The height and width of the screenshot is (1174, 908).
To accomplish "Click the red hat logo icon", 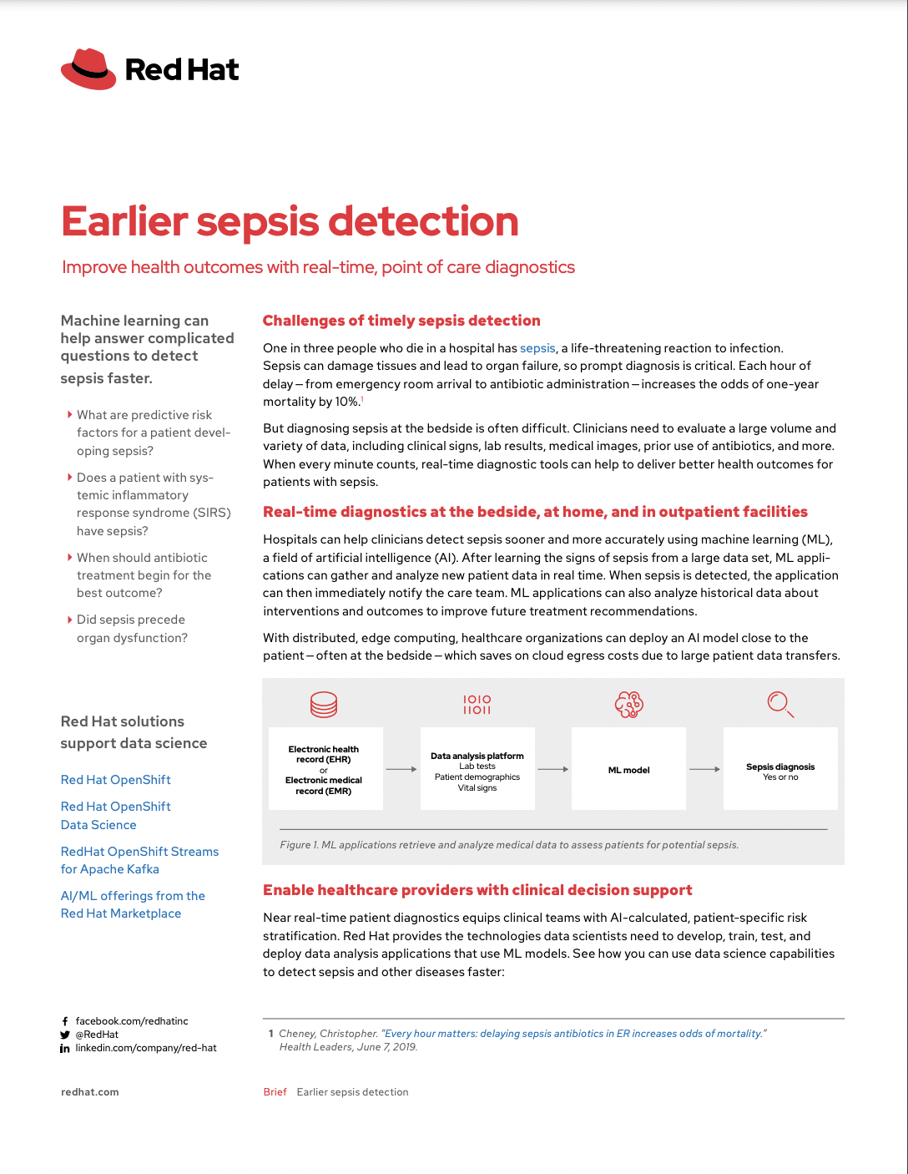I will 88,69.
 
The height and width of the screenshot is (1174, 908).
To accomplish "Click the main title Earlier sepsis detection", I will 290,221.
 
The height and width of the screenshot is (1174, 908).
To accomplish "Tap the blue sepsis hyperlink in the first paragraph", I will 537,348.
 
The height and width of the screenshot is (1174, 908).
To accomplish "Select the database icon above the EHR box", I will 324,705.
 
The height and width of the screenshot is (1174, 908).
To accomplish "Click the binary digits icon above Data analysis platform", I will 477,705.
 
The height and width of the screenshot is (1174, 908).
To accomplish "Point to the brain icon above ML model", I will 628,705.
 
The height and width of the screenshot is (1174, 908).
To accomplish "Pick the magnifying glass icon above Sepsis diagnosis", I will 780,704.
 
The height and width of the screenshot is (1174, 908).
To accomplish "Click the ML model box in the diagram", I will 628,769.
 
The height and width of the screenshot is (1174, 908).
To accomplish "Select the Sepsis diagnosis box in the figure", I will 780,769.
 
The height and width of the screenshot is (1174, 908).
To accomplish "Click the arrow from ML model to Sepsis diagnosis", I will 704,769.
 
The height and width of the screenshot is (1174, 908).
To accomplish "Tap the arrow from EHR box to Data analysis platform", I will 401,769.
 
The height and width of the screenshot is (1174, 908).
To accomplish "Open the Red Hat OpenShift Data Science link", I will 115,816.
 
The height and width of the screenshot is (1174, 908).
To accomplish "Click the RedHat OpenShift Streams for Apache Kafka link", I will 139,860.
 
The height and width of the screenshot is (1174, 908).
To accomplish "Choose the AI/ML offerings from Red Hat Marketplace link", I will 133,904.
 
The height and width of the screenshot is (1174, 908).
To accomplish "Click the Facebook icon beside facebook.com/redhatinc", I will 65,1021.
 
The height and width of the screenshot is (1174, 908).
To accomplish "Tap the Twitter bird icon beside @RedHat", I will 65,1035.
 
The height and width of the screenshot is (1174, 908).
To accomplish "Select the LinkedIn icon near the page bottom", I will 65,1049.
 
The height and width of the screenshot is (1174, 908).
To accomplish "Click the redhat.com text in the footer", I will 90,1092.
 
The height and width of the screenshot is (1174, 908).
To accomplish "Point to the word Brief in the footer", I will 275,1092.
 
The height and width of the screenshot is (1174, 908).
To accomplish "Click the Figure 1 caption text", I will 509,845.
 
